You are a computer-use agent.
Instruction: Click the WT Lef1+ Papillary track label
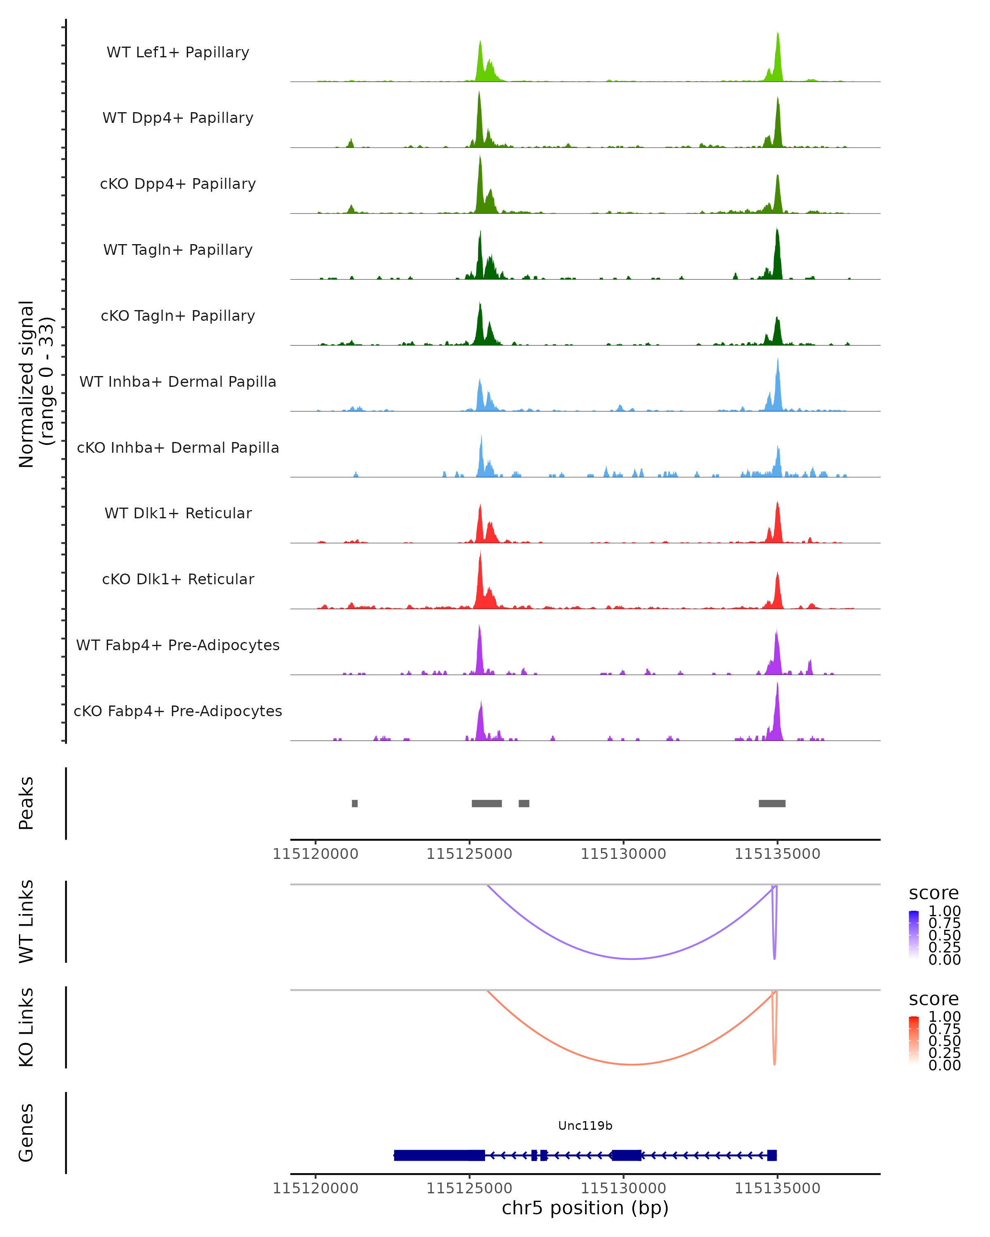click(x=178, y=52)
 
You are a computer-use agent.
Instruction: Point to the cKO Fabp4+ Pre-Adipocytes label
click(x=178, y=711)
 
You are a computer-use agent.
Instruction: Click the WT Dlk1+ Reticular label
click(x=178, y=513)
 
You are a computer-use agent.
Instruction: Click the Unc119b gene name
click(x=585, y=1125)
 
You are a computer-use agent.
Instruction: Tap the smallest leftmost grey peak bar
click(x=355, y=803)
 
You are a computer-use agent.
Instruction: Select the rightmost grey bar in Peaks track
click(x=772, y=803)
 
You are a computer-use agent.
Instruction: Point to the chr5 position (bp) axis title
click(x=585, y=1208)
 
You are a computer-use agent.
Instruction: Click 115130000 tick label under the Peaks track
click(x=623, y=854)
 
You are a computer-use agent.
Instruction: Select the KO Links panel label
click(x=26, y=1027)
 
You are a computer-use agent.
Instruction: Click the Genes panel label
click(x=26, y=1133)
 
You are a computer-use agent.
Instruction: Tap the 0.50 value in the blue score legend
click(x=944, y=935)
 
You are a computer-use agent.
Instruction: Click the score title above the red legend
click(x=934, y=999)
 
